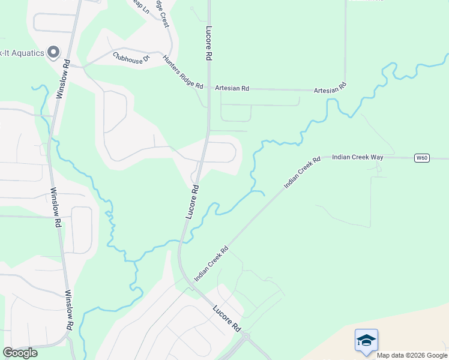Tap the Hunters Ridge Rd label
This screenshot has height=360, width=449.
[183, 72]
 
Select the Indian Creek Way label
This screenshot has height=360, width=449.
[358, 157]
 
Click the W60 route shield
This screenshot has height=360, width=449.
[422, 158]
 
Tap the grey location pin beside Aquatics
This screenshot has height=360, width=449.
[53, 52]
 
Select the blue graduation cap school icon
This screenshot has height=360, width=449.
[366, 340]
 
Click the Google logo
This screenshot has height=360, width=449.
[20, 353]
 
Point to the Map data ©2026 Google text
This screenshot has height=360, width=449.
[411, 355]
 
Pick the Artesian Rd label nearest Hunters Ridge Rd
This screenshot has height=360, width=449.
[232, 88]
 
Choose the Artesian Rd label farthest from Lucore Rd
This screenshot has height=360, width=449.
[331, 88]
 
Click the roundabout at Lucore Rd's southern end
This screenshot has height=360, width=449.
[245, 337]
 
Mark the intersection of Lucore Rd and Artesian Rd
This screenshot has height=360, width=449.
[208, 89]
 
